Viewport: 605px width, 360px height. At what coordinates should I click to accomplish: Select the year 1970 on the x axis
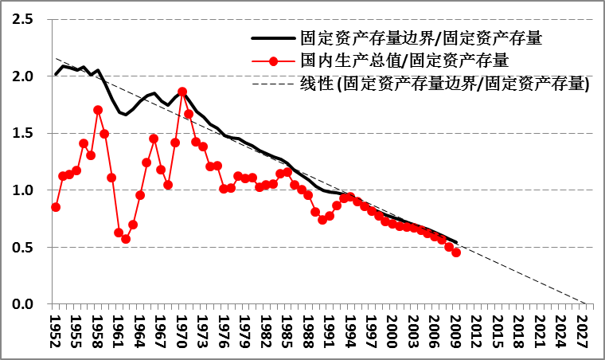coord(182,331)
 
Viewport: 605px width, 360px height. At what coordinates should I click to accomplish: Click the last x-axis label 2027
coord(583,331)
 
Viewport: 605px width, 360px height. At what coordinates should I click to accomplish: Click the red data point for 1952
coord(56,207)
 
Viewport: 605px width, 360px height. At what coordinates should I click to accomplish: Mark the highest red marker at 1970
coord(182,92)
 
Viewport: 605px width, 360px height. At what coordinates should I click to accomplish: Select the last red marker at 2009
coord(456,275)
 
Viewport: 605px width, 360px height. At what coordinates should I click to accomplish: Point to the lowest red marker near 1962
coord(126,239)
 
